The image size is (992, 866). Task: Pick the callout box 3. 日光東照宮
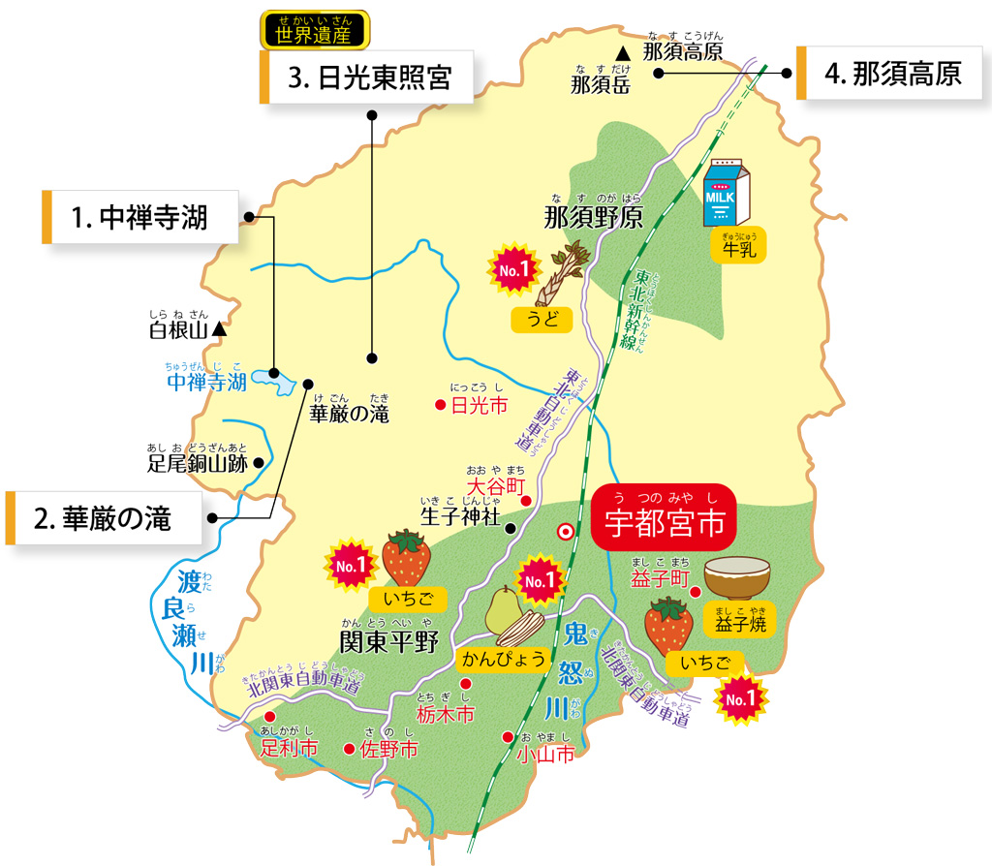coord(367,77)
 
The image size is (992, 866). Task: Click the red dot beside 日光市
coord(440,404)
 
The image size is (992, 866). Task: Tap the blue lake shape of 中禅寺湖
coord(273,382)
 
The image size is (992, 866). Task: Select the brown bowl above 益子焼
coord(737,577)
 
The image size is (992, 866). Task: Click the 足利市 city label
coord(289,749)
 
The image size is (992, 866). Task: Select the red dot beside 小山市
coord(507,736)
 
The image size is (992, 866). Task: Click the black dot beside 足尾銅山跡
coord(258,463)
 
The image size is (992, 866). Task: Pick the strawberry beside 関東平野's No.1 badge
coord(405,559)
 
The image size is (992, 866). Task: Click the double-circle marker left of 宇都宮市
coord(565,531)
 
